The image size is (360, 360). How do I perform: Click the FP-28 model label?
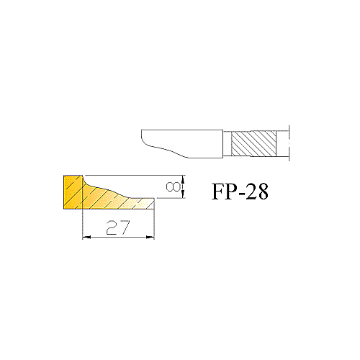(x=240, y=192)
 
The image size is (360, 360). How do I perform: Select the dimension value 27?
(x=118, y=228)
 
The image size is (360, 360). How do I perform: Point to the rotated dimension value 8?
(x=174, y=186)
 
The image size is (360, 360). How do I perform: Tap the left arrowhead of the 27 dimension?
(x=86, y=237)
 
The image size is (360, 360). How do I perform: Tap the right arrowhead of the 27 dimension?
(x=150, y=237)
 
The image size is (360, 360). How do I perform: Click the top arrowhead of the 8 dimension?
(x=184, y=179)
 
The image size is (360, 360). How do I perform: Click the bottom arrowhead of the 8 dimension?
(x=184, y=194)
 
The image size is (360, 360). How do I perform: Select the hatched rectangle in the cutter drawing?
(x=253, y=144)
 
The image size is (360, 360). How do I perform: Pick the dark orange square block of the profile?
(x=73, y=192)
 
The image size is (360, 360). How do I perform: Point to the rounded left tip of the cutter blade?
(x=142, y=137)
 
